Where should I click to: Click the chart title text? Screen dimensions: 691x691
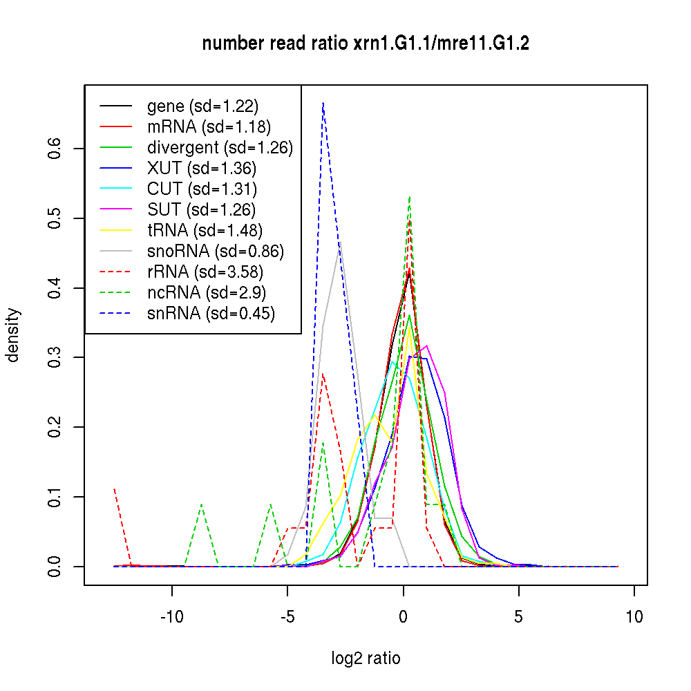point(366,44)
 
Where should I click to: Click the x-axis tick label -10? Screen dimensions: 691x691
point(171,616)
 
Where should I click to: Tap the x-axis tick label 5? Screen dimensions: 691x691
point(518,616)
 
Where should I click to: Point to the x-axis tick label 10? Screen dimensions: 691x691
point(634,616)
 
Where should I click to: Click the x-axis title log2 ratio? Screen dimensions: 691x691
point(366,659)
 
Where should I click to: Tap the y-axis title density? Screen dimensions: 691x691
point(13,335)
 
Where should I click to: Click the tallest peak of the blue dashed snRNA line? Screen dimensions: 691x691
point(323,103)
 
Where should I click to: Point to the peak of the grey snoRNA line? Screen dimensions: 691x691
point(340,243)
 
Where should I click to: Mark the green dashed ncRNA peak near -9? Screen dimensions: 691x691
point(201,504)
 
